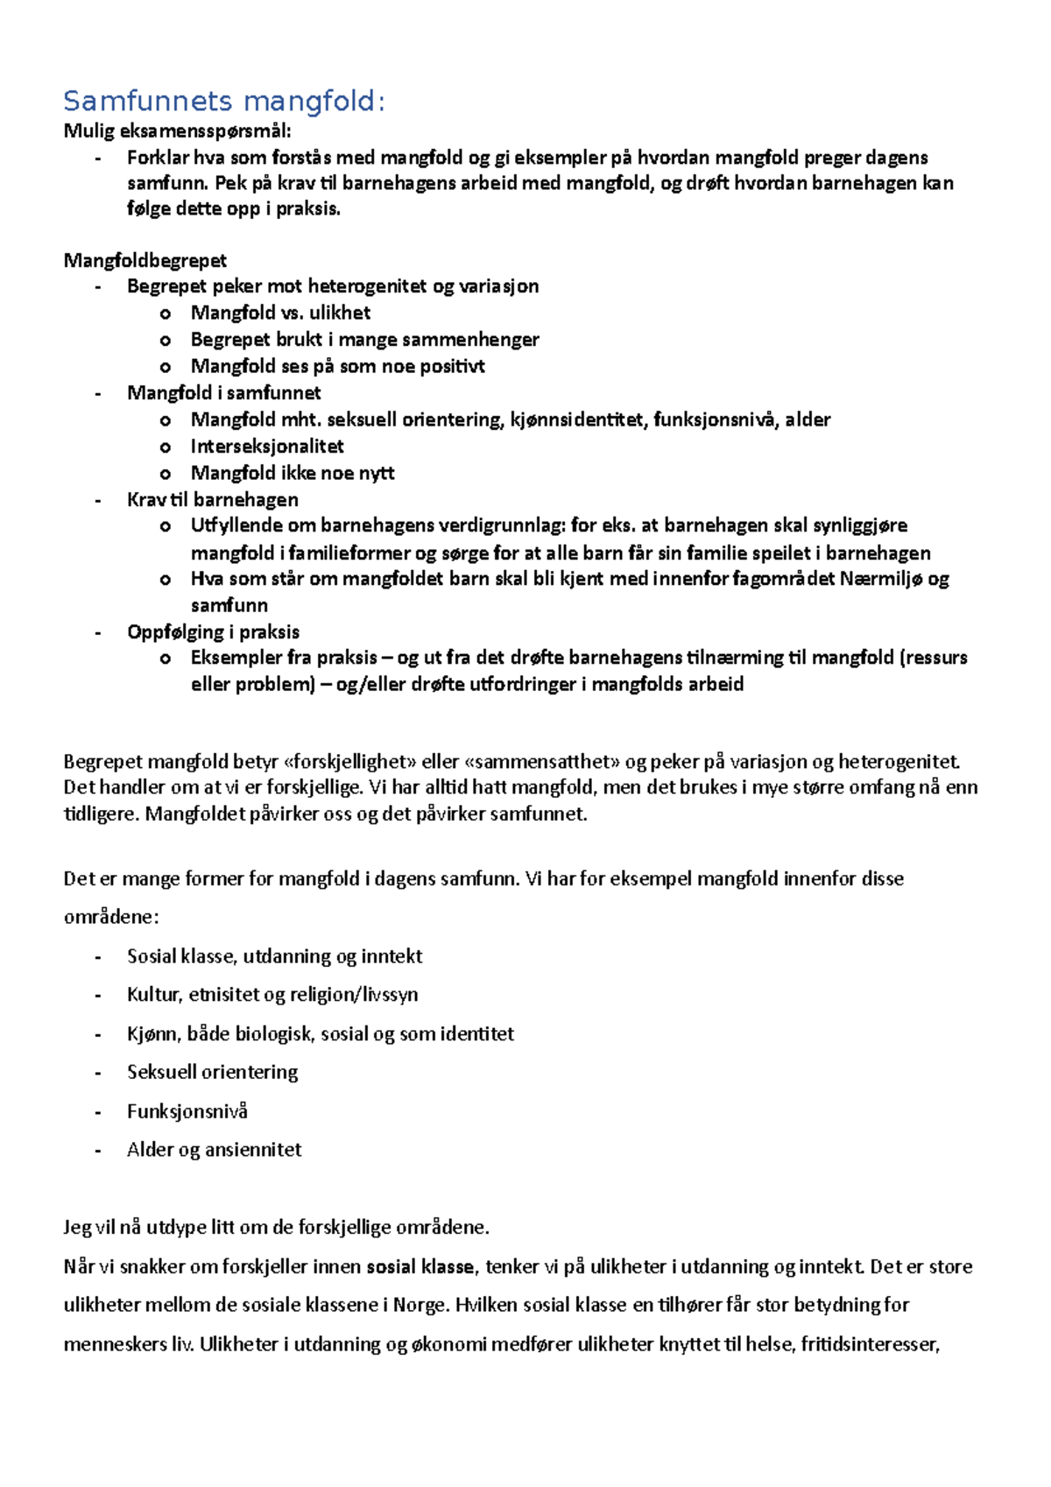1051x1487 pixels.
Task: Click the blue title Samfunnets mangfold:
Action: [223, 102]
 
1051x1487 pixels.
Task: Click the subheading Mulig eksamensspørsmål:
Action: [177, 131]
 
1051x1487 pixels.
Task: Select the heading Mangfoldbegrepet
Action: [145, 260]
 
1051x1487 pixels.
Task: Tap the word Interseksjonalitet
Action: [267, 447]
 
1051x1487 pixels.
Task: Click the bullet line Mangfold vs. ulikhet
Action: [280, 313]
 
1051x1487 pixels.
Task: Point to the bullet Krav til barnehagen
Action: [212, 500]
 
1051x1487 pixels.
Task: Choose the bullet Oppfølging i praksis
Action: [213, 632]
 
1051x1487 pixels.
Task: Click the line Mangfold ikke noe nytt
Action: [293, 474]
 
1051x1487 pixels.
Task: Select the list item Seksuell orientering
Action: [212, 1072]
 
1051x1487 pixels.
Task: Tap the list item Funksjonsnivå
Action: [187, 1111]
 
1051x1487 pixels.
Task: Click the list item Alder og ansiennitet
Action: [214, 1150]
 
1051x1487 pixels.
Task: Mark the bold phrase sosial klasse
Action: [420, 1266]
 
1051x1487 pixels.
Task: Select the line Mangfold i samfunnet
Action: [223, 393]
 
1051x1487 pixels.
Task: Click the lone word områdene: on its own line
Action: [111, 918]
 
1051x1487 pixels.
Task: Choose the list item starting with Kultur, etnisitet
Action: [272, 995]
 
